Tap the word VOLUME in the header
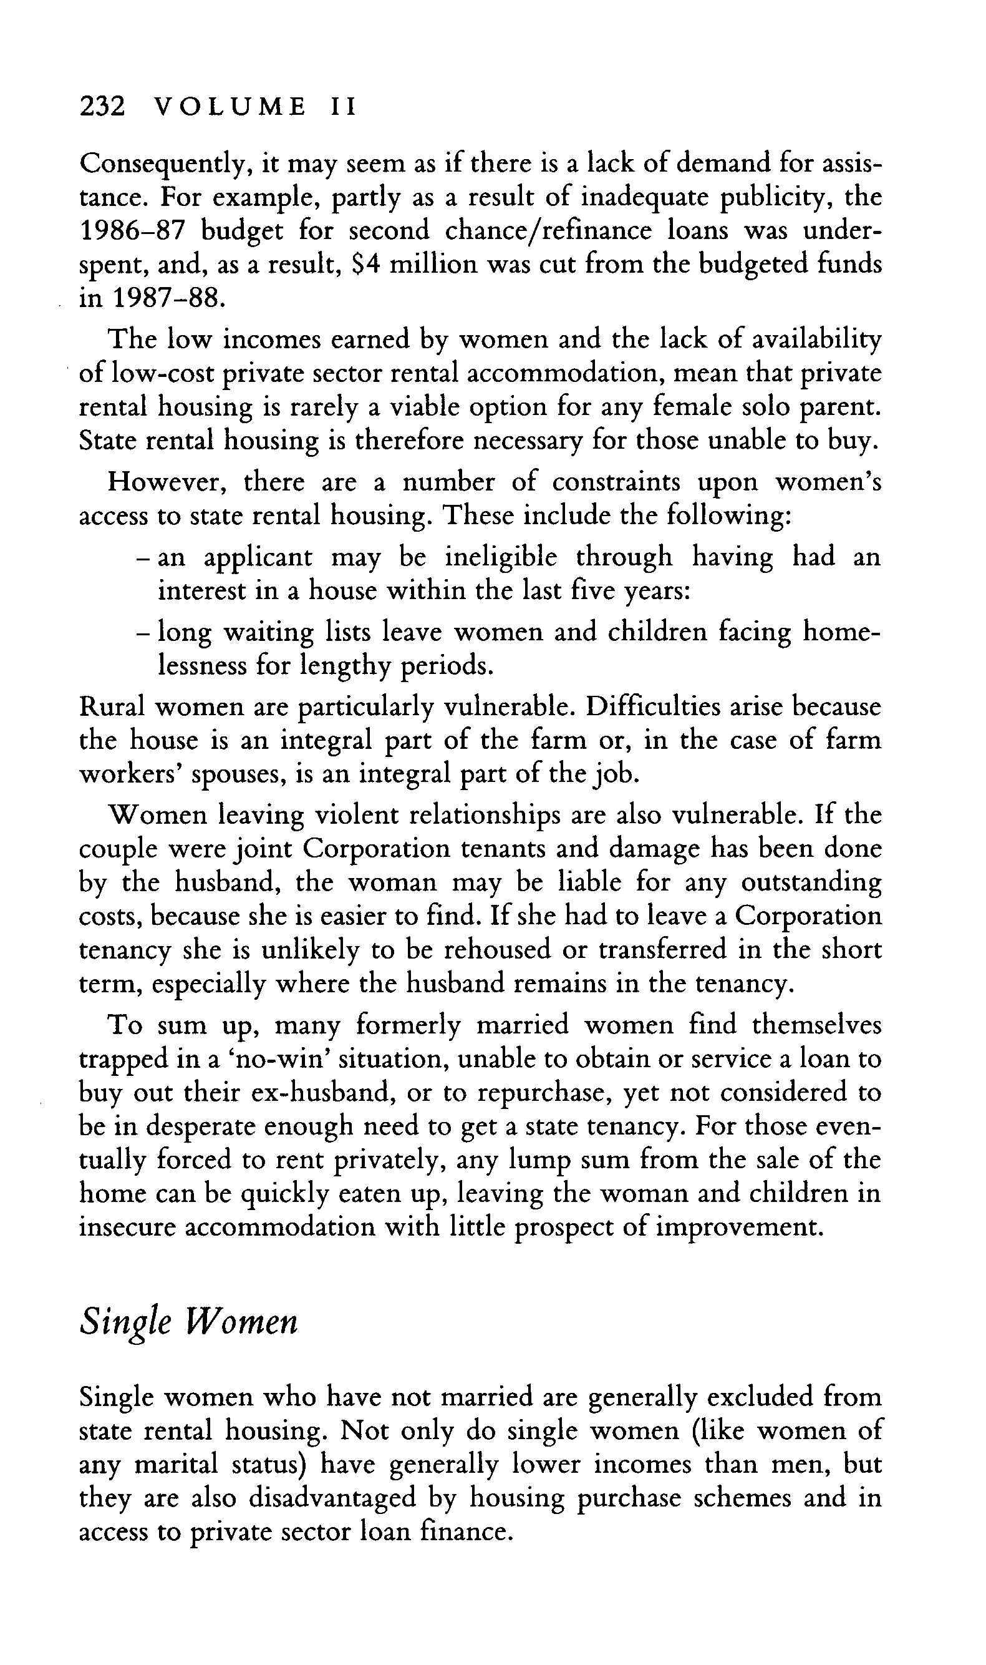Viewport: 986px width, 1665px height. pos(230,106)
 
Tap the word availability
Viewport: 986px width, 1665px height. pos(816,340)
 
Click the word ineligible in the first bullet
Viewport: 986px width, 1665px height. pos(500,556)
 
